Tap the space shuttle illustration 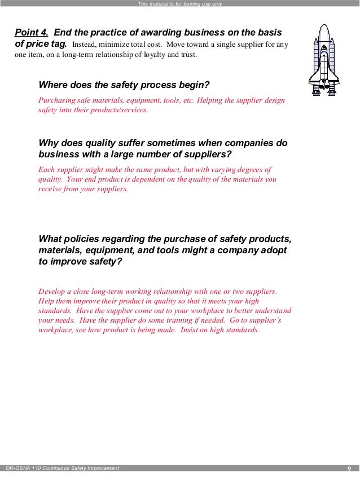(x=324, y=60)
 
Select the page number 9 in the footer (x=349, y=468)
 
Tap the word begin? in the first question (x=191, y=85)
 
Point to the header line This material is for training (x=180, y=4)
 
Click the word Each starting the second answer (x=47, y=169)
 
